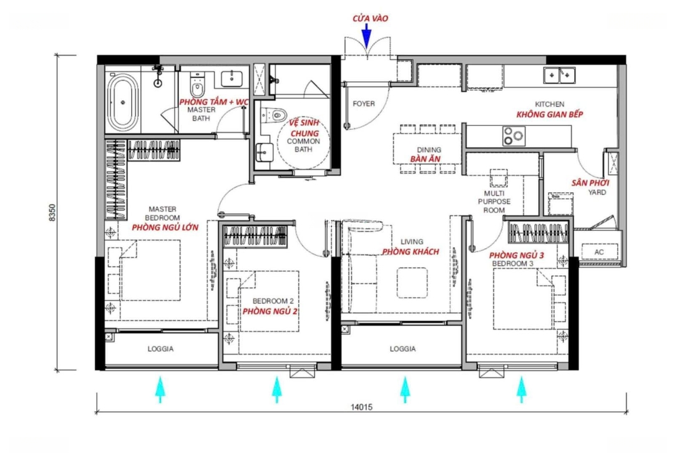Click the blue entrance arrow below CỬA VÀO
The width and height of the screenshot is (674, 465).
(366, 36)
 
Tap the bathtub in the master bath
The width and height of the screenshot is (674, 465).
(123, 102)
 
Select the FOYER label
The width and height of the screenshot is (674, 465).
(364, 104)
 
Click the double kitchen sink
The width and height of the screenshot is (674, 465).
(559, 75)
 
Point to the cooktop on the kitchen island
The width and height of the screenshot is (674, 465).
(514, 136)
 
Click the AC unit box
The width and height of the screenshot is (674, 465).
(600, 252)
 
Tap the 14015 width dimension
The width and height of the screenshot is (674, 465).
(361, 406)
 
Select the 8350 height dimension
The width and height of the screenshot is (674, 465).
(52, 213)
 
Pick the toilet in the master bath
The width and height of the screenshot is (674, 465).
(197, 86)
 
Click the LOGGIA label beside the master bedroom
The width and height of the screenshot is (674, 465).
(161, 349)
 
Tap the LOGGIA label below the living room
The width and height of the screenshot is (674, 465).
(403, 349)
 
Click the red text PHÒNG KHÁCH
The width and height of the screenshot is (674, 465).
(411, 252)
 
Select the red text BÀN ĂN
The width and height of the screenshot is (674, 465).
(425, 159)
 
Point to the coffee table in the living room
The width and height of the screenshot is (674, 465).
(413, 283)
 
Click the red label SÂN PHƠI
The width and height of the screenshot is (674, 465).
(590, 183)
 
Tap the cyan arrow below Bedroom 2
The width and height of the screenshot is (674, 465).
(277, 389)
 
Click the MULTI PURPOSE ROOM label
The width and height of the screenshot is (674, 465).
(494, 202)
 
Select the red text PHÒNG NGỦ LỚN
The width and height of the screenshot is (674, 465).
(165, 227)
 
